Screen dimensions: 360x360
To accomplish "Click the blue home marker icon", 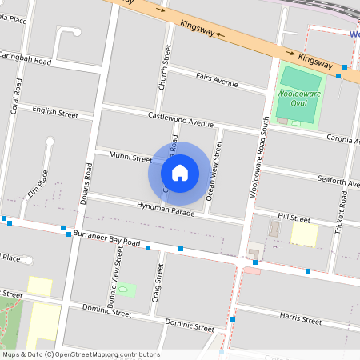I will tap(180, 172).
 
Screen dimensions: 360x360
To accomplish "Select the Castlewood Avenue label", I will tap(181, 119).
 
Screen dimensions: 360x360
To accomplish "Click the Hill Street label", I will tap(294, 218).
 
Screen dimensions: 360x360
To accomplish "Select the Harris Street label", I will tap(300, 318).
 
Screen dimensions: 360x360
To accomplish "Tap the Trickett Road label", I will tap(342, 210).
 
